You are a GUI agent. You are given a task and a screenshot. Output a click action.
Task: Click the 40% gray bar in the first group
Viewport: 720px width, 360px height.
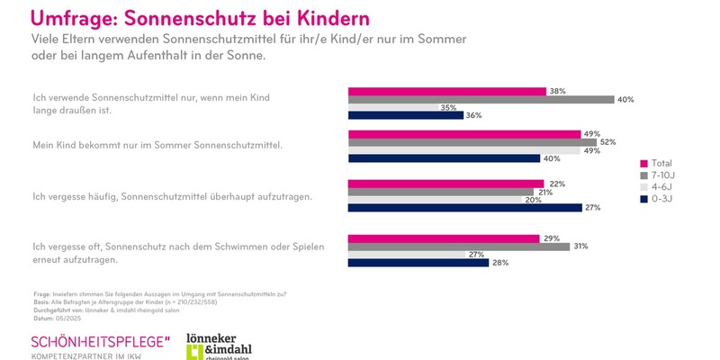coord(481,99)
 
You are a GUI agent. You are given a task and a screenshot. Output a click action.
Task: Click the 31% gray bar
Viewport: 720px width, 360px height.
coord(458,247)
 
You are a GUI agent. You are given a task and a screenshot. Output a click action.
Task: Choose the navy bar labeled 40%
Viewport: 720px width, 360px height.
coord(444,158)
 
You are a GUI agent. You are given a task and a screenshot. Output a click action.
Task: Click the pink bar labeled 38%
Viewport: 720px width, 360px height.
coord(446,91)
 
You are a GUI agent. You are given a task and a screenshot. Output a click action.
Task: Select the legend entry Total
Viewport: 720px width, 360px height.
coord(662,164)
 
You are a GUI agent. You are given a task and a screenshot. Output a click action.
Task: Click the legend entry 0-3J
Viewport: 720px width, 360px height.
coord(662,199)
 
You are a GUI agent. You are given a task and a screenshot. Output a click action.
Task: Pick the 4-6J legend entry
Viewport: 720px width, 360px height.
coord(662,187)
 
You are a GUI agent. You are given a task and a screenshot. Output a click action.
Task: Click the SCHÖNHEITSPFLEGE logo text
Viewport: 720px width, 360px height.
coord(99,343)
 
